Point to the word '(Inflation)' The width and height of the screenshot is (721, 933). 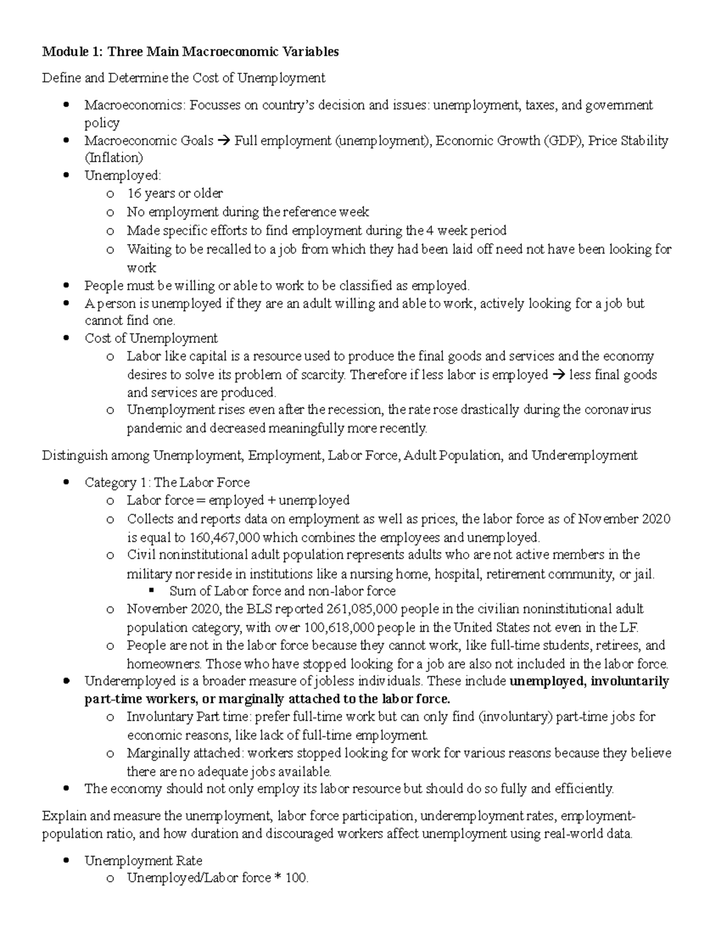(x=114, y=158)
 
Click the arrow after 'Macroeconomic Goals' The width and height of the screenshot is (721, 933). (x=224, y=141)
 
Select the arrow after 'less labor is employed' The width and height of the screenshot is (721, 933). (x=558, y=375)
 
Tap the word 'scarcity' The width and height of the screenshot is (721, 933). (x=324, y=375)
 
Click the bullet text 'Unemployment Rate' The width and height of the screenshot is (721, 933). (x=144, y=861)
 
